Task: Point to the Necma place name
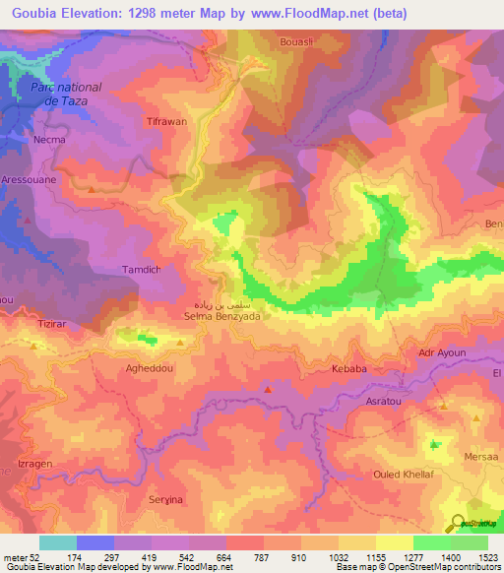click(x=49, y=140)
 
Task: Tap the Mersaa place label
click(x=480, y=457)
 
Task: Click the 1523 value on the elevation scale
click(x=486, y=557)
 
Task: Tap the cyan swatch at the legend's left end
click(x=57, y=542)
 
